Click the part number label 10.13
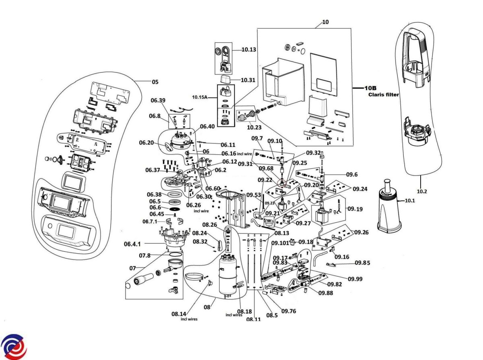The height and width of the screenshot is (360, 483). point(249,50)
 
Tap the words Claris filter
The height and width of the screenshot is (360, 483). point(384,95)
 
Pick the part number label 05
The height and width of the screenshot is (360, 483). point(155,82)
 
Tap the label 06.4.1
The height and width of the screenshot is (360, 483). point(133,244)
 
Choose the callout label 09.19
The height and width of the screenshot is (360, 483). point(355,209)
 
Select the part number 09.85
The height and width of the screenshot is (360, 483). point(362,263)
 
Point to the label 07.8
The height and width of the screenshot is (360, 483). point(145,255)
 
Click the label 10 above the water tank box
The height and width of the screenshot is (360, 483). point(325,23)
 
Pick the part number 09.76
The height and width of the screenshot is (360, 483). point(289,311)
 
